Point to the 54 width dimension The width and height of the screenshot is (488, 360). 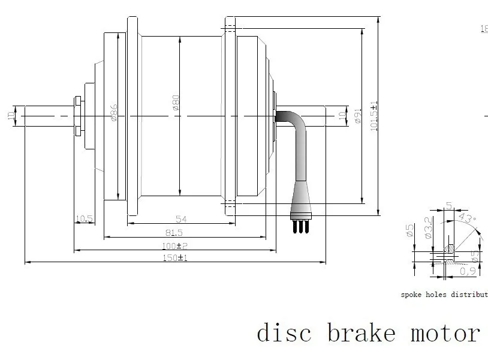pyautogui.click(x=180, y=219)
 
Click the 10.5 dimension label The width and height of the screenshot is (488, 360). pyautogui.click(x=85, y=219)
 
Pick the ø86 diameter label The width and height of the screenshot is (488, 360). pyautogui.click(x=114, y=113)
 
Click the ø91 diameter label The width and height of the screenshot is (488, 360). pyautogui.click(x=358, y=115)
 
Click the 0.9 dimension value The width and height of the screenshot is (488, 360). pyautogui.click(x=468, y=272)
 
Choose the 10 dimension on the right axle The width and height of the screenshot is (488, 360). pyautogui.click(x=342, y=113)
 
